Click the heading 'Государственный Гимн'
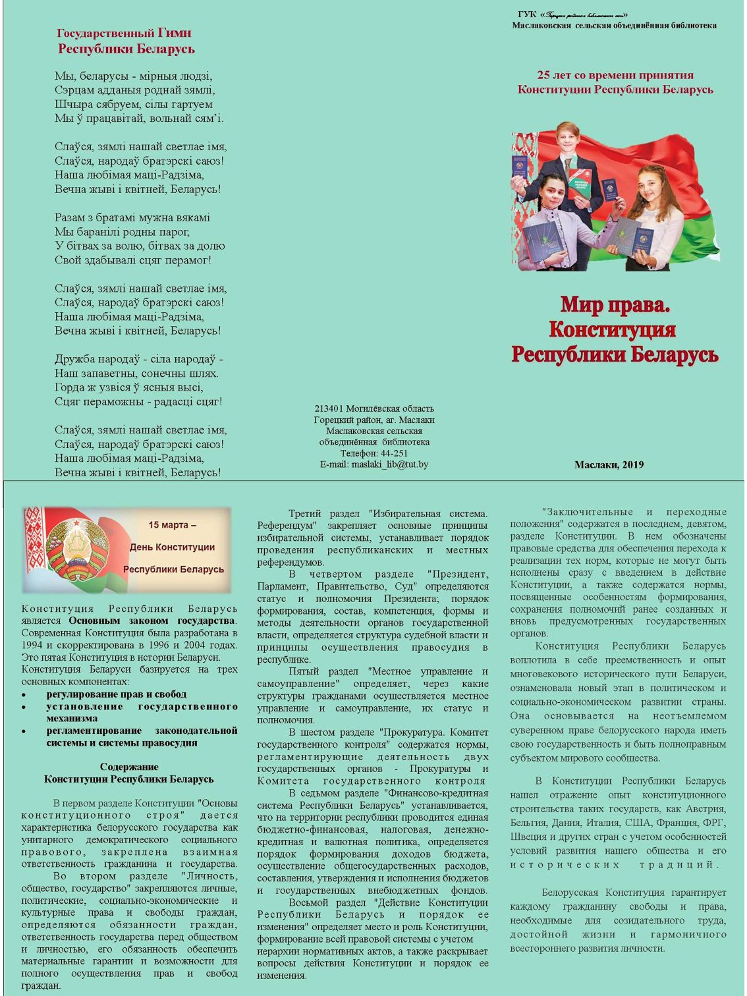coord(124,33)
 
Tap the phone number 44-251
coord(394,453)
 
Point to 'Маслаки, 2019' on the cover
coord(609,464)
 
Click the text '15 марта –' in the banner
coord(172,525)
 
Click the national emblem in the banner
coord(78,548)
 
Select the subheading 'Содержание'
coord(129,767)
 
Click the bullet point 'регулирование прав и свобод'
coord(116,694)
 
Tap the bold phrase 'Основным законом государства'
coord(152,621)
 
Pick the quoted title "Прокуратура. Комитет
coord(433,732)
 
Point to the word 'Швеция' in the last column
coord(526,837)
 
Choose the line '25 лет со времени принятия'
coord(615,75)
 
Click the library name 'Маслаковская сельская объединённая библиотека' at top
coord(614,26)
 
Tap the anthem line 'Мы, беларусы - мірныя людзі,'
coord(134,76)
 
